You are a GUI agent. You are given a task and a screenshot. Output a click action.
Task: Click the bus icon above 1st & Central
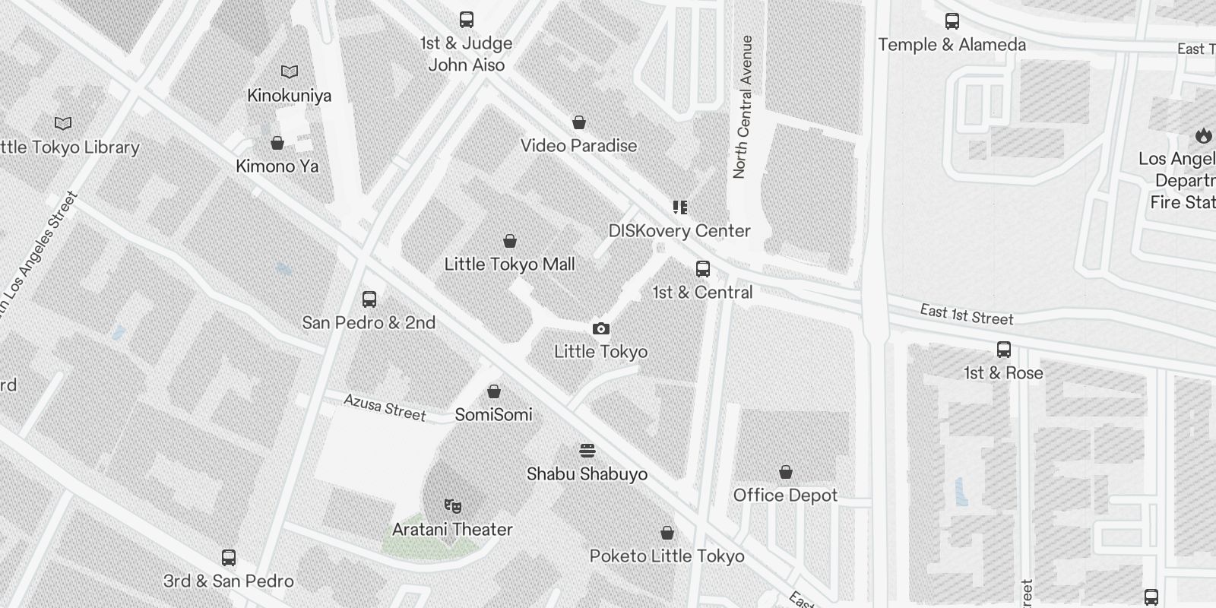[x=703, y=269]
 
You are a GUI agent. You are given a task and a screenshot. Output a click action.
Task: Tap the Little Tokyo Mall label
[x=509, y=264]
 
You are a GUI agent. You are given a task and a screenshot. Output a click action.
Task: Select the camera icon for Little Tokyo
[x=601, y=328]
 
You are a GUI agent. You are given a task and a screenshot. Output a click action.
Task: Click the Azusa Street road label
[x=385, y=408]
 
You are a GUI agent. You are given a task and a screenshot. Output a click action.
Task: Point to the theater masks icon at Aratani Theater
[x=453, y=505]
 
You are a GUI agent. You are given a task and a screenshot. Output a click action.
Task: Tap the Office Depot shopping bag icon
[x=786, y=472]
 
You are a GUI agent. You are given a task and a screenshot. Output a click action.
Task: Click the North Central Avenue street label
[x=742, y=107]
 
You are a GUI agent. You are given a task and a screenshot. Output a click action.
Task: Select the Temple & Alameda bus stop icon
[x=952, y=21]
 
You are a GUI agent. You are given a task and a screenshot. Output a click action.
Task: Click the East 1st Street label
[x=967, y=314]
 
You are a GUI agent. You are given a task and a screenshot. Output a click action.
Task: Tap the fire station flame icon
[x=1202, y=136]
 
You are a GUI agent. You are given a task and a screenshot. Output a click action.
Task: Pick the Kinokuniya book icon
[x=290, y=72]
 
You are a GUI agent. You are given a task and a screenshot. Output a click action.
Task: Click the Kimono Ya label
[x=277, y=166]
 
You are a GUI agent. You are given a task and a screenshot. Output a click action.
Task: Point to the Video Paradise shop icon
[x=579, y=122]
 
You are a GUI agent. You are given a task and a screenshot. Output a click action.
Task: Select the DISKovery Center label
[x=679, y=231]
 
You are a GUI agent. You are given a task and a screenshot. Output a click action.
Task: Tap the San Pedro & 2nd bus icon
[x=369, y=299]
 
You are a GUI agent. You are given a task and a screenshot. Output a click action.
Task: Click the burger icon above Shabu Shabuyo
[x=587, y=451]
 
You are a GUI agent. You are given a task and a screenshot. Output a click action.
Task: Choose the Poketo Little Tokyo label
[x=667, y=556]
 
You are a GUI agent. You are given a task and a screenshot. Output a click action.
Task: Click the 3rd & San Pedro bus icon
[x=229, y=558]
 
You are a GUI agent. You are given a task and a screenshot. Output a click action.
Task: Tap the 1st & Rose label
[x=1003, y=373]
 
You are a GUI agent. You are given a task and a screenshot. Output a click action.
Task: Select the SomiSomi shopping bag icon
[x=494, y=391]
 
